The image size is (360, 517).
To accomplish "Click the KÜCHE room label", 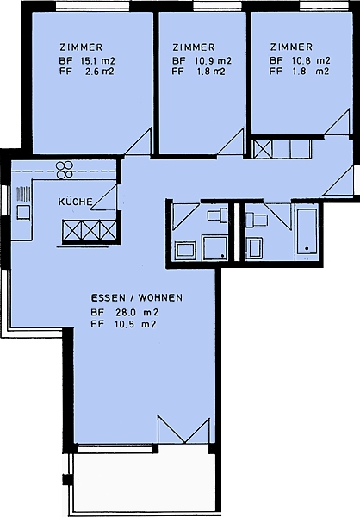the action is coord(76,202).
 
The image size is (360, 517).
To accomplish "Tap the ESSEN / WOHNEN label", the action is coord(136,298).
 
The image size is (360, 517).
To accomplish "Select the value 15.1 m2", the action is coord(98,60).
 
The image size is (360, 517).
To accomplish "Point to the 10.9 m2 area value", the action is coord(211,60).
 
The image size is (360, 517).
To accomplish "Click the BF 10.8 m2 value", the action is coord(300,60).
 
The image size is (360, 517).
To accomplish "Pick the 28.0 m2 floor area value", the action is coord(137,312).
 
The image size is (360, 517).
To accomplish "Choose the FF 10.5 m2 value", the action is coord(123,324).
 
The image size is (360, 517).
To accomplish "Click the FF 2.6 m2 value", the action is coord(87,72).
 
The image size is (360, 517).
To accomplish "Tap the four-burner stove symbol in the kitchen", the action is coord(65,170).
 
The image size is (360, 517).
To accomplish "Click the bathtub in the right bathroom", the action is coord(307,231).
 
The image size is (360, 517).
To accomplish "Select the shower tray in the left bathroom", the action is coord(214,247).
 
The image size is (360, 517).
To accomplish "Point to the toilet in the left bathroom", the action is coord(217,216).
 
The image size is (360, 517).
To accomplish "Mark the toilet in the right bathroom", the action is coord(256,219).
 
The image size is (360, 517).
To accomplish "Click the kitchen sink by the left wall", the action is coord(24,212).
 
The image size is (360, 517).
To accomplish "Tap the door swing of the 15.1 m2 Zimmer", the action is coord(138,141).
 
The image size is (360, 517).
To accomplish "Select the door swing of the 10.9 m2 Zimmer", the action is coord(231,141).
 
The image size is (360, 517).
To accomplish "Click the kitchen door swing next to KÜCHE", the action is coord(104,196).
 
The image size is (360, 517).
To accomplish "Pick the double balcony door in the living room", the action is coord(183,430).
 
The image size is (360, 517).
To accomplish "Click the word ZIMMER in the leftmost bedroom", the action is coord(81,47).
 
